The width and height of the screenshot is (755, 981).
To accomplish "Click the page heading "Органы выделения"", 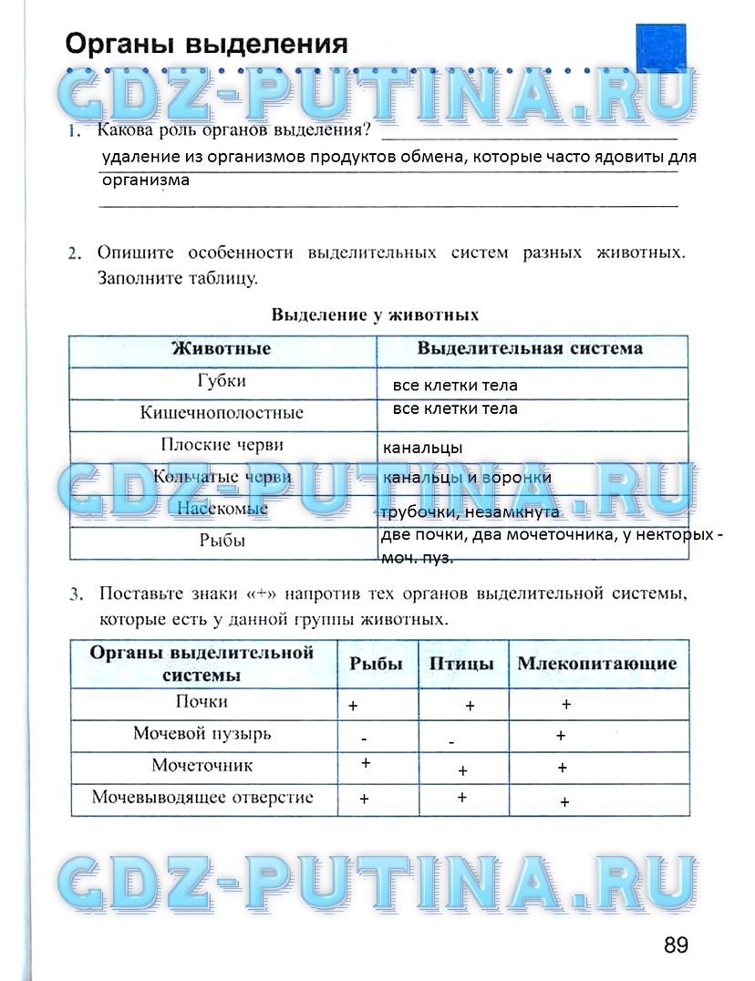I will point(206,44).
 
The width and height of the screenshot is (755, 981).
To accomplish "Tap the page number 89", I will point(676,945).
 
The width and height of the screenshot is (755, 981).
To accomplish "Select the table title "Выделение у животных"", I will point(375,315).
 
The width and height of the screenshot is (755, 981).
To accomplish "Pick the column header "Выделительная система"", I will point(530,348).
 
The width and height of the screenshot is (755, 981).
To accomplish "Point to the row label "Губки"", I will point(222,381).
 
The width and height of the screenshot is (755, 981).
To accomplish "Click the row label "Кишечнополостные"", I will point(222,413).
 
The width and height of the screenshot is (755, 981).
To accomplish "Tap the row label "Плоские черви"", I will point(222,445).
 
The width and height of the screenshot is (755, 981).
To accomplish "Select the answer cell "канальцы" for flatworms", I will point(422,449).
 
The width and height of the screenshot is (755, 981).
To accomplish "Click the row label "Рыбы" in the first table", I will point(222,541).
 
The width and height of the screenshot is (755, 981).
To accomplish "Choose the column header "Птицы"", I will point(461,664).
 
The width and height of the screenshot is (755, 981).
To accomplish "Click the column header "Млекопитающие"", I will point(597,664).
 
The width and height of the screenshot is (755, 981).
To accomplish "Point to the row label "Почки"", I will point(202,702).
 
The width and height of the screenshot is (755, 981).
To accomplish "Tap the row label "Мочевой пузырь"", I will point(202,734).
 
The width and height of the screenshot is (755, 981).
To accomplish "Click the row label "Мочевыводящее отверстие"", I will point(202,798).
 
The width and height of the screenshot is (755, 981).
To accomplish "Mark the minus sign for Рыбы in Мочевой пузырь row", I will point(364,738).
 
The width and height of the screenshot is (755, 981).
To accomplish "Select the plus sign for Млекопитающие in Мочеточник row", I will point(563,769).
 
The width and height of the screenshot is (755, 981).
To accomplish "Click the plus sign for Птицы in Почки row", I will point(471,706).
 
